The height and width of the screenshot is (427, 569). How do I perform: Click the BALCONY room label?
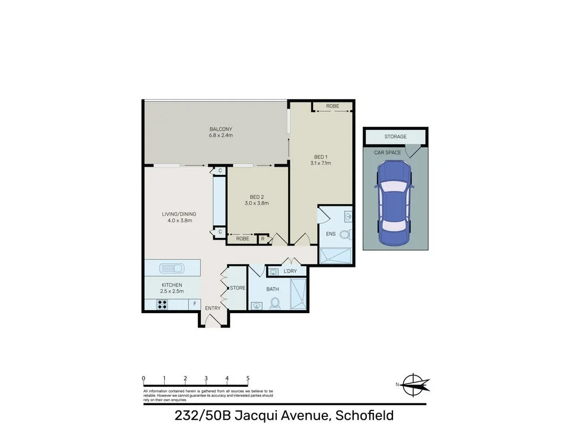pos(220,129)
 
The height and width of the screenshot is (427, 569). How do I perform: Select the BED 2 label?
pos(257,197)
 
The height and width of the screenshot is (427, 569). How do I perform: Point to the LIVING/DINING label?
pos(179,215)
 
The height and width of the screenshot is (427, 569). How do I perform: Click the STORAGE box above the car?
pos(395,137)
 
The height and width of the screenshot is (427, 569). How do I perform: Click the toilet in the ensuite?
pos(346,234)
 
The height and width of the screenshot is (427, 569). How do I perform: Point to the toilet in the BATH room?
pos(275,304)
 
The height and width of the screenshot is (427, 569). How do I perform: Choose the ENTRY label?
pos(213,308)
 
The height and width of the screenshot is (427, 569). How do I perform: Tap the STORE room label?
pos(238,288)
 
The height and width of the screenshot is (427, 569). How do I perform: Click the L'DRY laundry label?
pos(290,272)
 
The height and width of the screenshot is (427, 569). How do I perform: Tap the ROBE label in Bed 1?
pos(333,107)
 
